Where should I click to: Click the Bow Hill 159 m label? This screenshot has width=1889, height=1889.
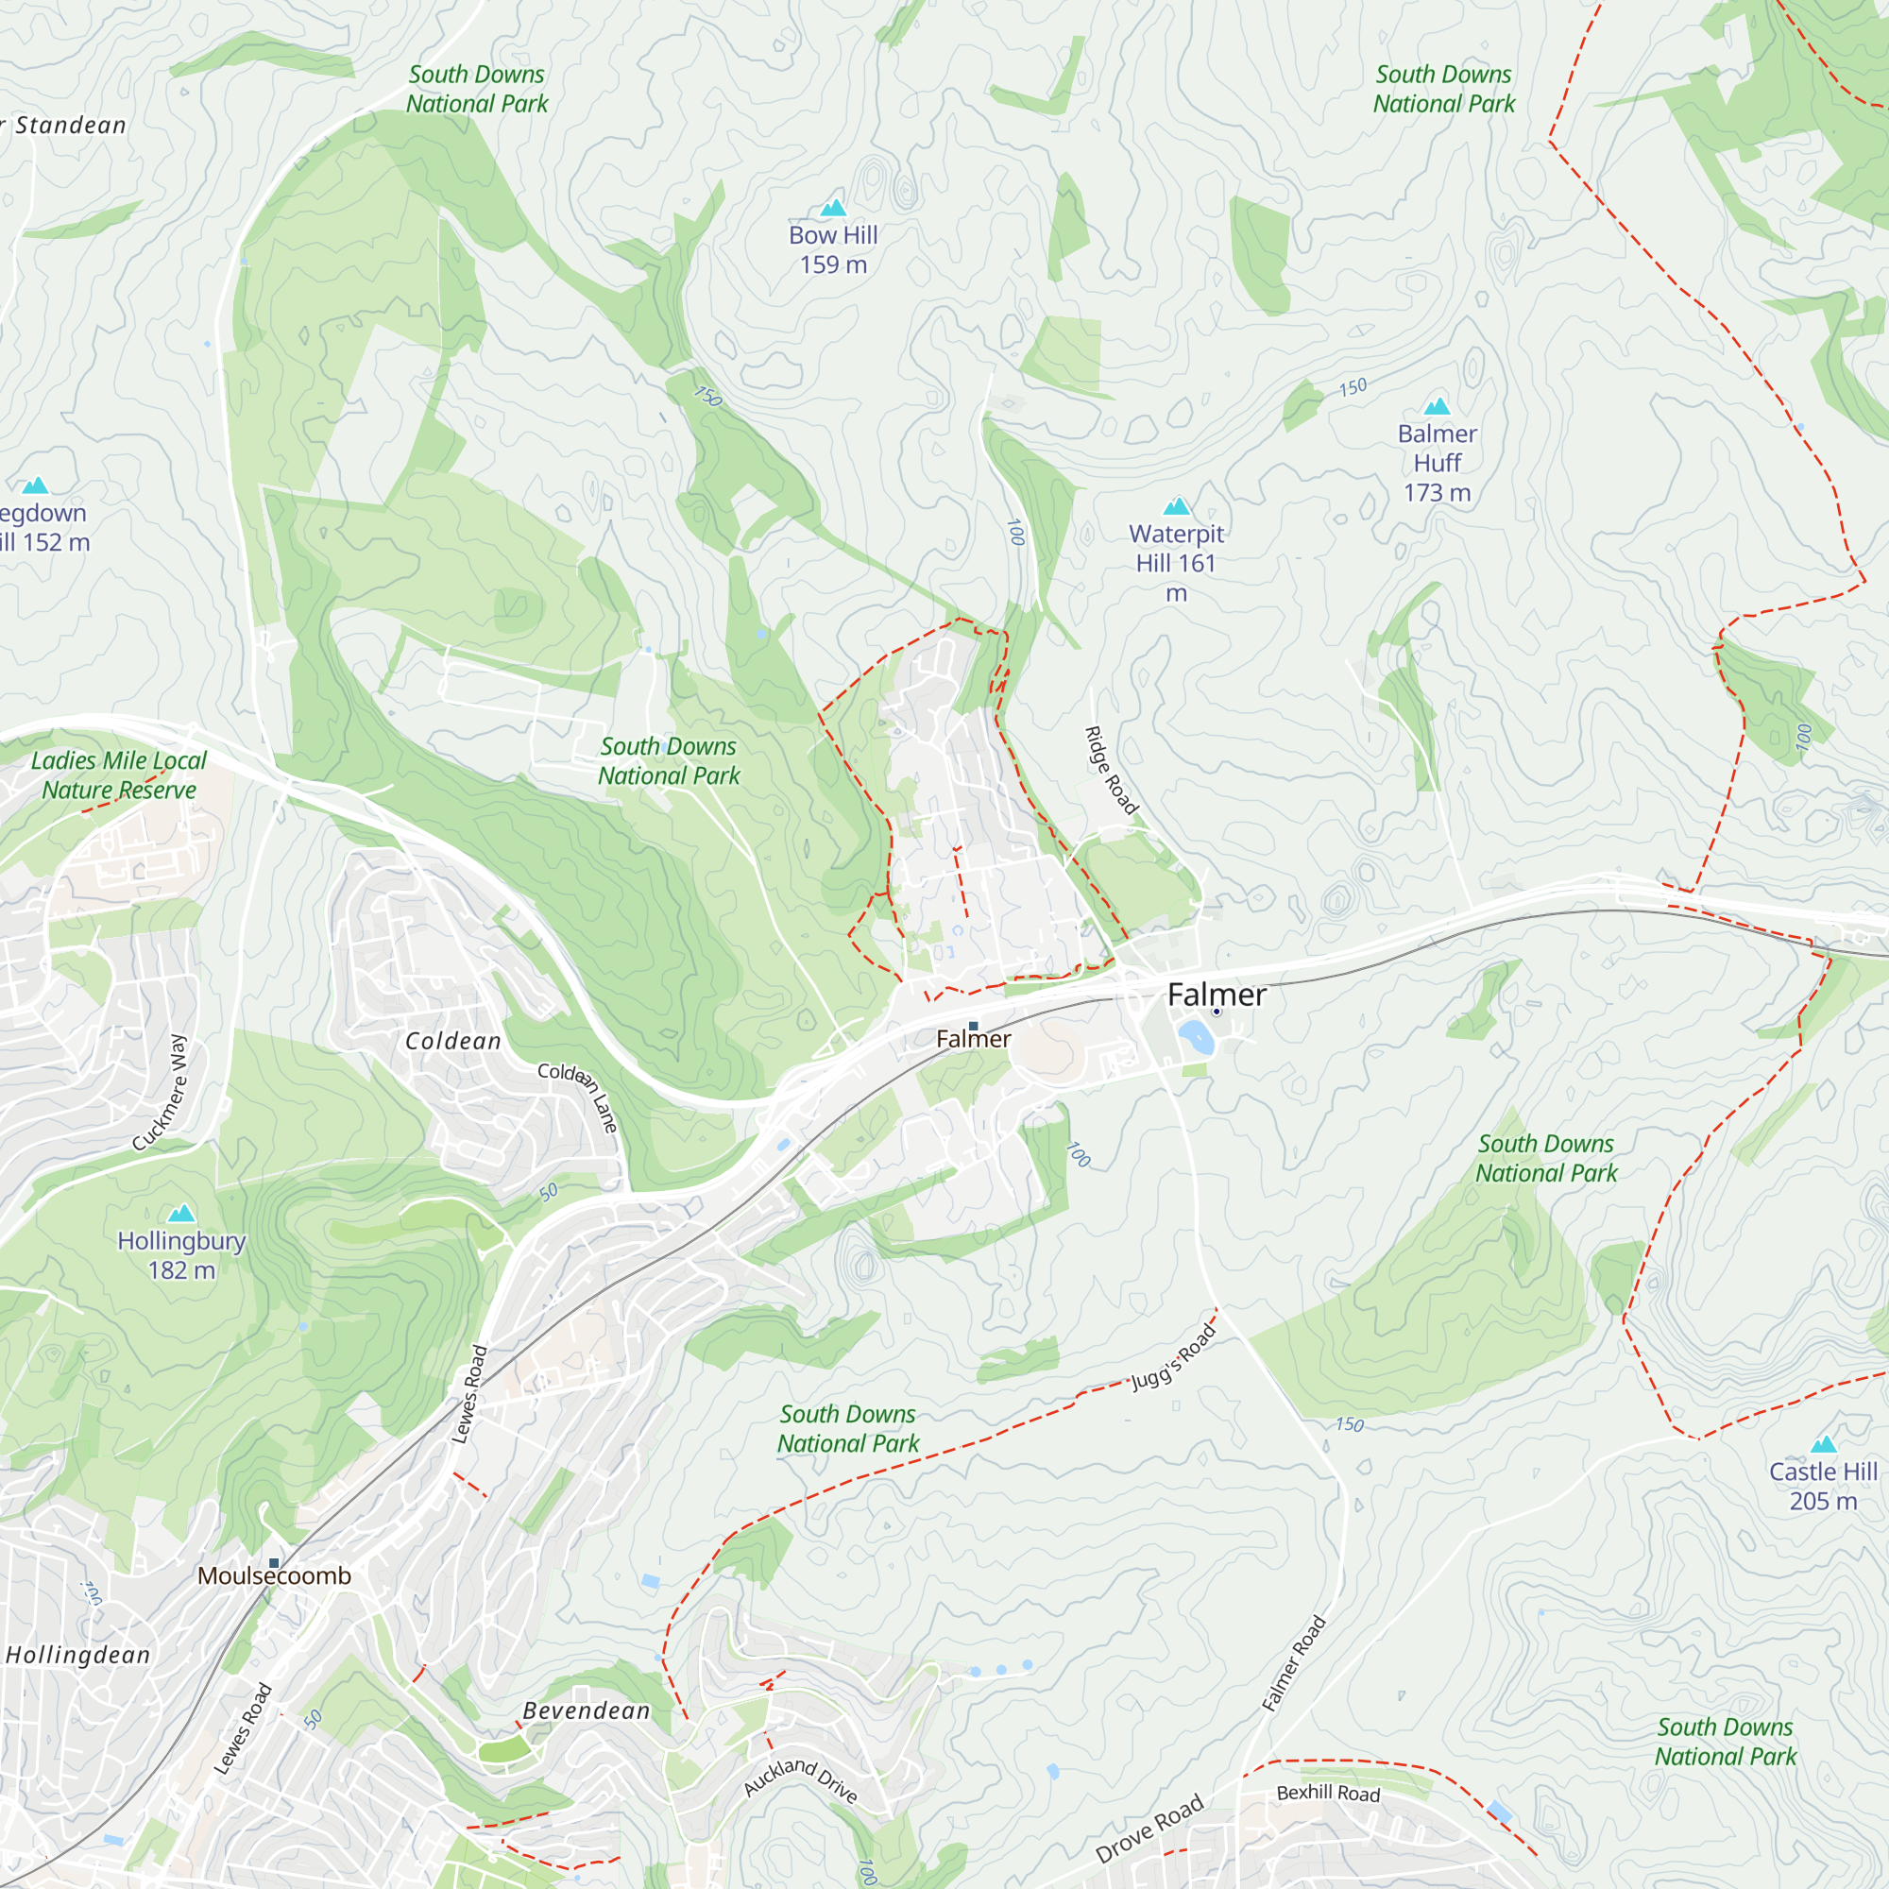point(833,249)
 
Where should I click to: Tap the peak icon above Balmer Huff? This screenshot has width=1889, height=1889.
point(1437,406)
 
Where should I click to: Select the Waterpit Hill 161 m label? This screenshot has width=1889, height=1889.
point(1176,562)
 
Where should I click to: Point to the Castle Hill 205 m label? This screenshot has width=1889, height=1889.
point(1824,1485)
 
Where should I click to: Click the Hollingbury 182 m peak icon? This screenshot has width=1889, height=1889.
point(182,1215)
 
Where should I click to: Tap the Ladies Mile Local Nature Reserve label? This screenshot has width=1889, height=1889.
point(118,775)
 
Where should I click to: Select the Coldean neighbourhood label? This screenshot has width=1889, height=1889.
point(453,1041)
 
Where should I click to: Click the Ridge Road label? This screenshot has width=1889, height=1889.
point(1112,771)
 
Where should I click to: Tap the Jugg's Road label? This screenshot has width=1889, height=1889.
point(1174,1356)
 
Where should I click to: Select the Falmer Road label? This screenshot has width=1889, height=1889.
point(1294,1663)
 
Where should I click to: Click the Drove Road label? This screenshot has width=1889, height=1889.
point(1149,1829)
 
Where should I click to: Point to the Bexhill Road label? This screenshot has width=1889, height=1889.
point(1328,1794)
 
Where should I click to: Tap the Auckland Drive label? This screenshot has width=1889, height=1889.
point(801,1778)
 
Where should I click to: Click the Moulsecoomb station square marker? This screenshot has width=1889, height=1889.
point(275,1563)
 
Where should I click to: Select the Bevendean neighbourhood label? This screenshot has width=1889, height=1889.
point(587,1711)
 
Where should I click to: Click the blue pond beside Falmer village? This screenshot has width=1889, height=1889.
point(1196,1036)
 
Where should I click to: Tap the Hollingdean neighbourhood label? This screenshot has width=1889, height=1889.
point(78,1656)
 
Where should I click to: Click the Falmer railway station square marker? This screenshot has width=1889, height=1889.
point(973,1026)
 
